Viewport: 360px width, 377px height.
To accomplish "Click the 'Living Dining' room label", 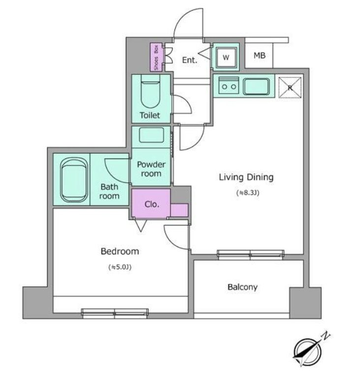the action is pyautogui.click(x=246, y=177).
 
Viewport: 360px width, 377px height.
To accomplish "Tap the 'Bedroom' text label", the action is pyautogui.click(x=120, y=251).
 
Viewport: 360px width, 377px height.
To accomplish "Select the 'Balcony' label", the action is pyautogui.click(x=242, y=287).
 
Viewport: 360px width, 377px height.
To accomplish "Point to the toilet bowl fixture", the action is pyautogui.click(x=150, y=92).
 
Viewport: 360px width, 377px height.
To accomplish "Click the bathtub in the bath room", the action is pyautogui.click(x=74, y=180).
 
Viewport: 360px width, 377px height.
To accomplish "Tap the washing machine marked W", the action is pyautogui.click(x=226, y=57).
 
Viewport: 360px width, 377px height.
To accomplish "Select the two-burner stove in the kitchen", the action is pyautogui.click(x=229, y=86).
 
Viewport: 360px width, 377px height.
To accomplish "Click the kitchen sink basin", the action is pyautogui.click(x=256, y=87).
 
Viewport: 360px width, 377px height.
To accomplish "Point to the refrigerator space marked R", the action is pyautogui.click(x=290, y=87).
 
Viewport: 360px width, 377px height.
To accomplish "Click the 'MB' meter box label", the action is pyautogui.click(x=260, y=56).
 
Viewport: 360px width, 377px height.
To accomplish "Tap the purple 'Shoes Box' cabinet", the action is pyautogui.click(x=156, y=57).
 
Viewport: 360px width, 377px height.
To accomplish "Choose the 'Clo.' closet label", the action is pyautogui.click(x=151, y=204).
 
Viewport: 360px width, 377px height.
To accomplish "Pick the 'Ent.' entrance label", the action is pyautogui.click(x=190, y=60).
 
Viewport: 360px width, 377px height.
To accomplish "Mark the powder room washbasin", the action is pyautogui.click(x=151, y=135).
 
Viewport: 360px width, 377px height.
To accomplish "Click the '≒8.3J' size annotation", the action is pyautogui.click(x=248, y=192).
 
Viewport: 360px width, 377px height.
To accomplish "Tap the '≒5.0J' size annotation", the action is pyautogui.click(x=120, y=267).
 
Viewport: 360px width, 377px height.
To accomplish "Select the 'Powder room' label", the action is pyautogui.click(x=151, y=169).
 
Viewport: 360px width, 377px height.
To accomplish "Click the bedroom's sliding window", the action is pyautogui.click(x=115, y=313).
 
